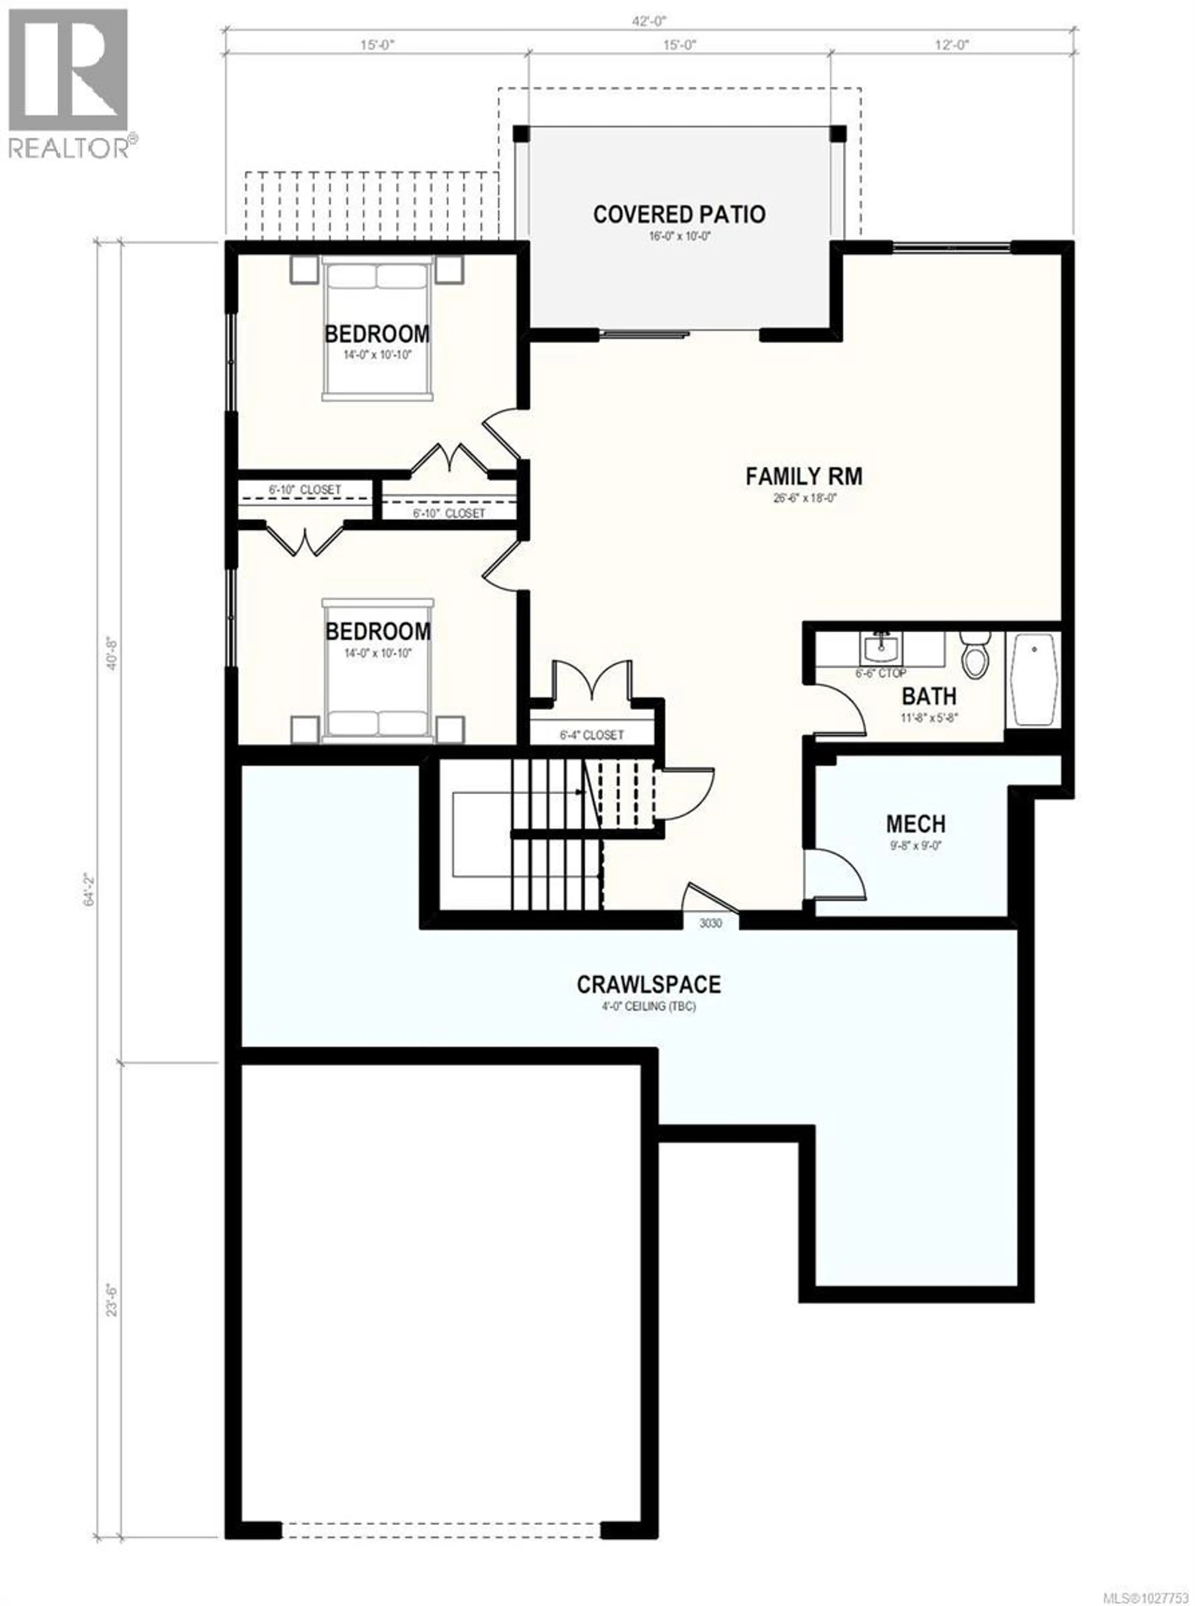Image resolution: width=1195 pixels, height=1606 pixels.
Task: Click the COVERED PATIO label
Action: [678, 215]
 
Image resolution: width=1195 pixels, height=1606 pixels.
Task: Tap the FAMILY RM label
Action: [804, 477]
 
